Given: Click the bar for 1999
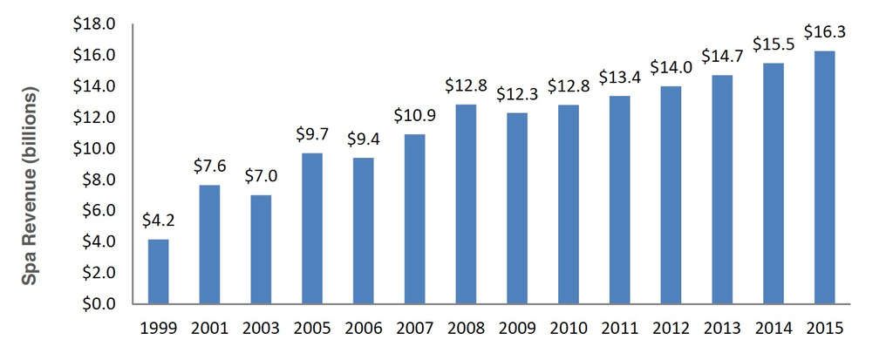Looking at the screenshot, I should click(158, 271).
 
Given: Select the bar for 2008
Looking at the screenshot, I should click(465, 204).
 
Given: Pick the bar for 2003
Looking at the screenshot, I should click(261, 249).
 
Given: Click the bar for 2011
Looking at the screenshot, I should click(619, 200).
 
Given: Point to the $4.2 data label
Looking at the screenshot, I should click(158, 221).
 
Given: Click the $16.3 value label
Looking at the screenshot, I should click(824, 33).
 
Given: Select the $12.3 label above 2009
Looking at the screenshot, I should click(516, 94).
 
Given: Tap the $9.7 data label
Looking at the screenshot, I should click(312, 136).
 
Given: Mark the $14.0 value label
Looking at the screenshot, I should click(671, 68).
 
